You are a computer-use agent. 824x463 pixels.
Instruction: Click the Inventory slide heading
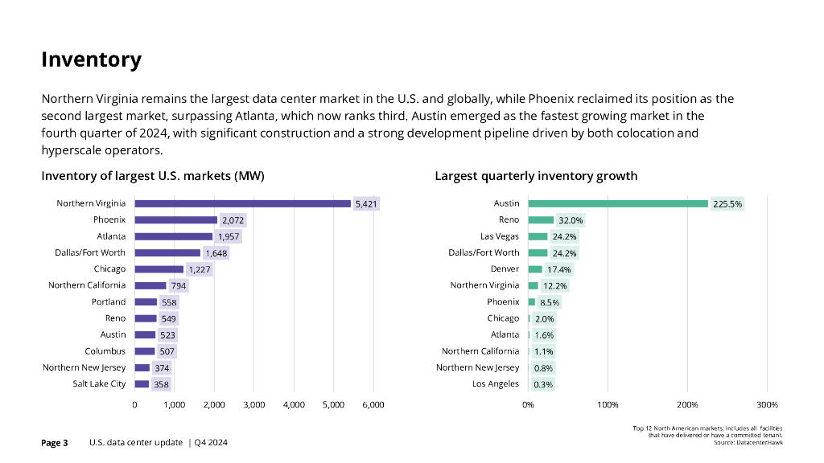click(91, 59)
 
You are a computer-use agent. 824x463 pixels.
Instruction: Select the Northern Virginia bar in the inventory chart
click(242, 203)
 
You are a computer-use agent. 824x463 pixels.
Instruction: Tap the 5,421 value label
click(366, 204)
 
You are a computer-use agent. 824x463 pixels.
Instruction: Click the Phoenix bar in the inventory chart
click(175, 219)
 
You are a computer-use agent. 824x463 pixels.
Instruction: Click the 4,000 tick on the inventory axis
click(293, 404)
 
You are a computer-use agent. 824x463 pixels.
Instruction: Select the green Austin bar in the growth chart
click(617, 203)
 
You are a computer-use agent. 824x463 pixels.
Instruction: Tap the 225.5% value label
click(727, 204)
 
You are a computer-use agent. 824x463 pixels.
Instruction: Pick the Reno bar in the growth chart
click(541, 219)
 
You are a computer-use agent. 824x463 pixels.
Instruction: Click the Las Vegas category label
click(500, 236)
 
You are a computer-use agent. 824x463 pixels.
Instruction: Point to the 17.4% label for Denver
click(558, 269)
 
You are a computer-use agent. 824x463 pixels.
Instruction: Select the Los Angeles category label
click(495, 384)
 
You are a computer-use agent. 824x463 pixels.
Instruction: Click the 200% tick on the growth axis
click(687, 404)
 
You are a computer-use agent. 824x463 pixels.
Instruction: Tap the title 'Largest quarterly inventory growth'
click(536, 176)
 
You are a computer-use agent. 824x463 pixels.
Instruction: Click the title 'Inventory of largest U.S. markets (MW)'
click(153, 176)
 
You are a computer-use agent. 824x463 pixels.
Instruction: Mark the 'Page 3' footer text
click(55, 443)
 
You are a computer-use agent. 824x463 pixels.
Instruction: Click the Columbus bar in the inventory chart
click(144, 351)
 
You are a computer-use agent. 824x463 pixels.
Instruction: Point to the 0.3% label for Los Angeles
click(543, 384)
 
